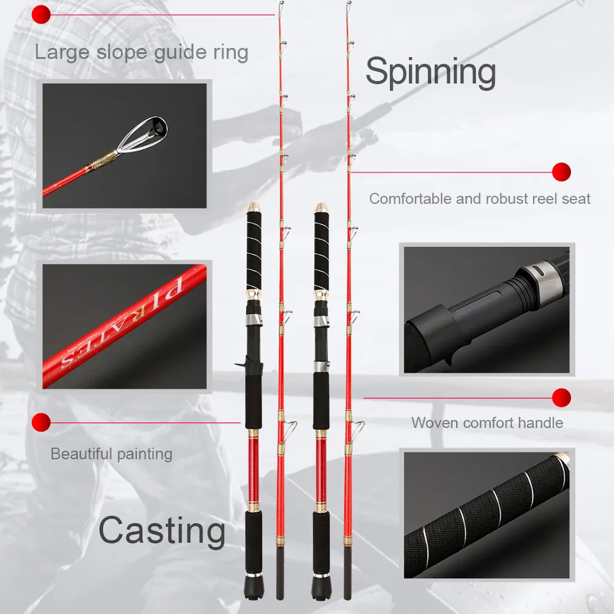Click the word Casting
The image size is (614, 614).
pyautogui.click(x=162, y=531)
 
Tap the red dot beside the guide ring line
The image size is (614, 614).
pyautogui.click(x=41, y=15)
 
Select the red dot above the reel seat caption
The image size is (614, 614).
pyautogui.click(x=562, y=172)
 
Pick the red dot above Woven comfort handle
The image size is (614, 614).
pyautogui.click(x=562, y=398)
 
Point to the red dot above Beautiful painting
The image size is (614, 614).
pyautogui.click(x=41, y=423)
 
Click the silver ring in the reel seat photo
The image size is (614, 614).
pyautogui.click(x=543, y=280)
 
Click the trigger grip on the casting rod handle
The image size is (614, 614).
pyautogui.click(x=243, y=362)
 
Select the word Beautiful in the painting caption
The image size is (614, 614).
pyautogui.click(x=81, y=454)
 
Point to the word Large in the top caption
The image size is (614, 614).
pyautogui.click(x=63, y=53)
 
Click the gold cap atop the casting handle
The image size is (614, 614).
pyautogui.click(x=254, y=207)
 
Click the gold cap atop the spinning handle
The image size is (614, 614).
pyautogui.click(x=321, y=207)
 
